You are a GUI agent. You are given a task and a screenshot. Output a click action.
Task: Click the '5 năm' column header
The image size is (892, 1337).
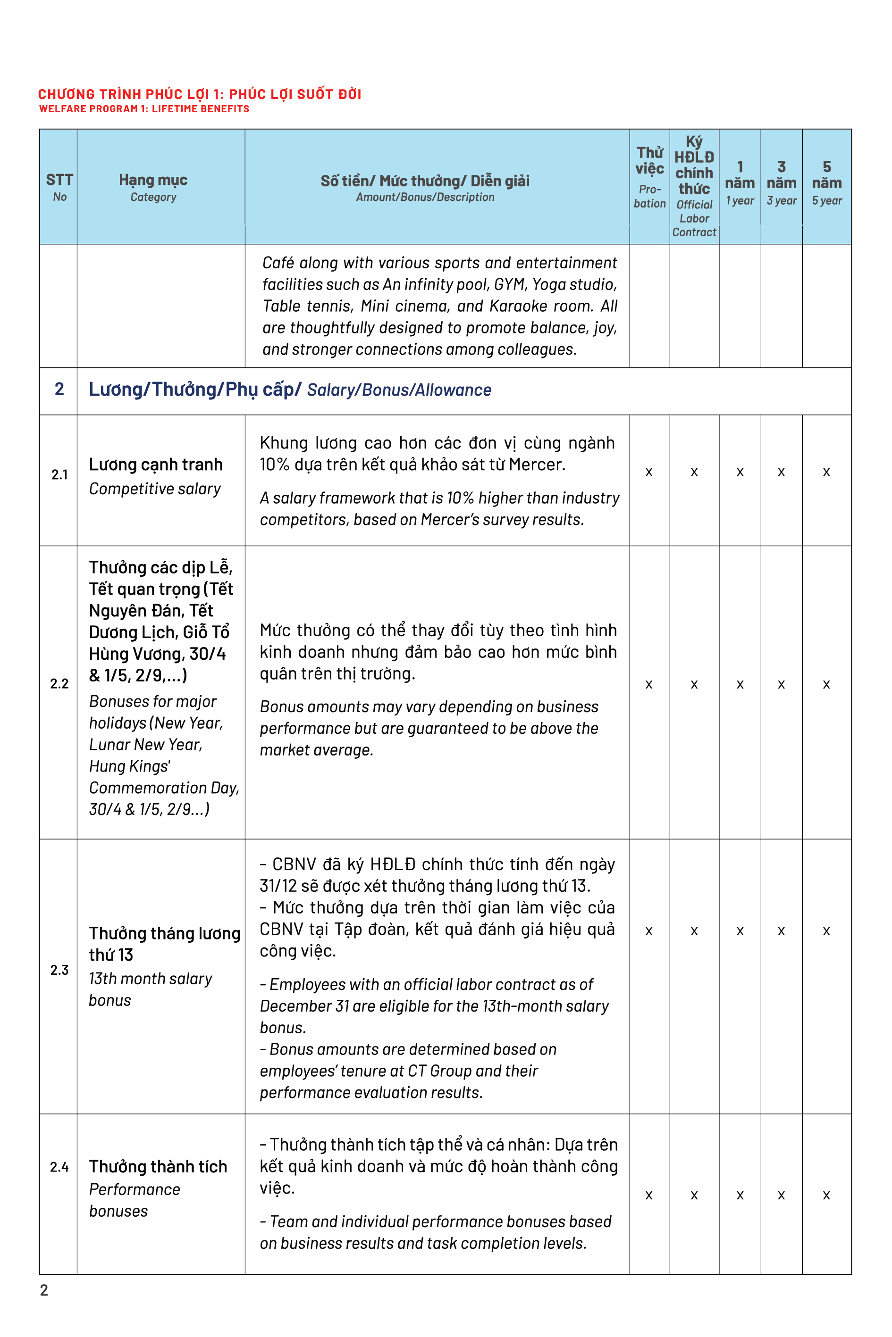pos(826,182)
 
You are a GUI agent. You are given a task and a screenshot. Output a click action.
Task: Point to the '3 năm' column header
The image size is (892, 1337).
pos(781,182)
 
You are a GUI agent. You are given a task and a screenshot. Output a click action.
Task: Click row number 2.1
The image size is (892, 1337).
pos(59,474)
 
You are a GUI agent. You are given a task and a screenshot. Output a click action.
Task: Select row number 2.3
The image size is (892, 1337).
pos(59,970)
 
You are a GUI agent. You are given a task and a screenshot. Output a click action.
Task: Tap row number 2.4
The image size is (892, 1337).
pos(59,1166)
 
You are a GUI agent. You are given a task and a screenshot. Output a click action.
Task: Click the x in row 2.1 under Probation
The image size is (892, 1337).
pos(648,472)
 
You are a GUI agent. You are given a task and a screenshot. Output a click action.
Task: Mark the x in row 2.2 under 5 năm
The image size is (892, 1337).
pos(826,684)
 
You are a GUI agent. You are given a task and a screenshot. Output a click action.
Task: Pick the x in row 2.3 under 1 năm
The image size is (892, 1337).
pos(740,931)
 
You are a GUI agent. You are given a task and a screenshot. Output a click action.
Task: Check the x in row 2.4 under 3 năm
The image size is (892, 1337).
pos(781,1195)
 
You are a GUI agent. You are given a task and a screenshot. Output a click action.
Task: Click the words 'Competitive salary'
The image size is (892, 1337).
pos(155,489)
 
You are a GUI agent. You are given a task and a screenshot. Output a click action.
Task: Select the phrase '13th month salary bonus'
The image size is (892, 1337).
pos(150,989)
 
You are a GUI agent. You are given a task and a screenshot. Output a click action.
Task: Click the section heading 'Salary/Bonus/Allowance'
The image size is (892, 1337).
pos(399,390)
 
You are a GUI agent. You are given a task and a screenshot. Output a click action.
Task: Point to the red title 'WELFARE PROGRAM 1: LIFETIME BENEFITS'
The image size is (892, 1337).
pos(144,108)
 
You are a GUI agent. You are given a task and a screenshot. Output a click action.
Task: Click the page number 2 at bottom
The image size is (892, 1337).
pos(44,1290)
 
